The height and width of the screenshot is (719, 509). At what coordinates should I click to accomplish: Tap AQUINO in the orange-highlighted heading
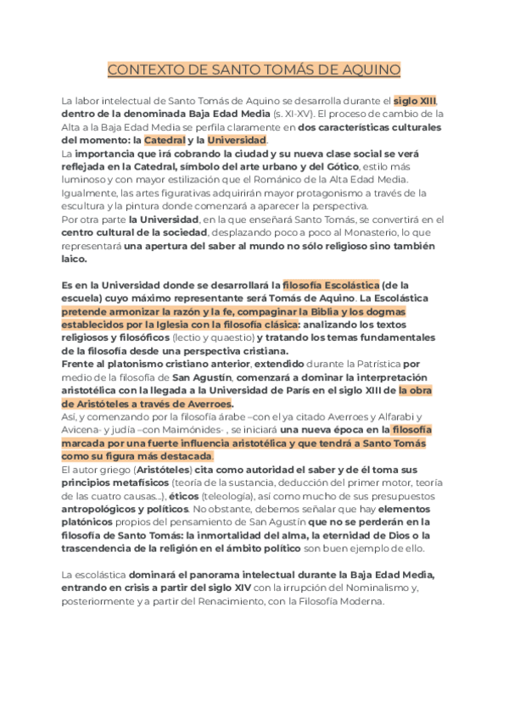[x=367, y=69]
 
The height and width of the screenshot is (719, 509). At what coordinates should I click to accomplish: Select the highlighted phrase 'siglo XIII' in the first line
[x=415, y=99]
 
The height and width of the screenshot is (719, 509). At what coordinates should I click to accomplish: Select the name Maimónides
[x=198, y=431]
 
